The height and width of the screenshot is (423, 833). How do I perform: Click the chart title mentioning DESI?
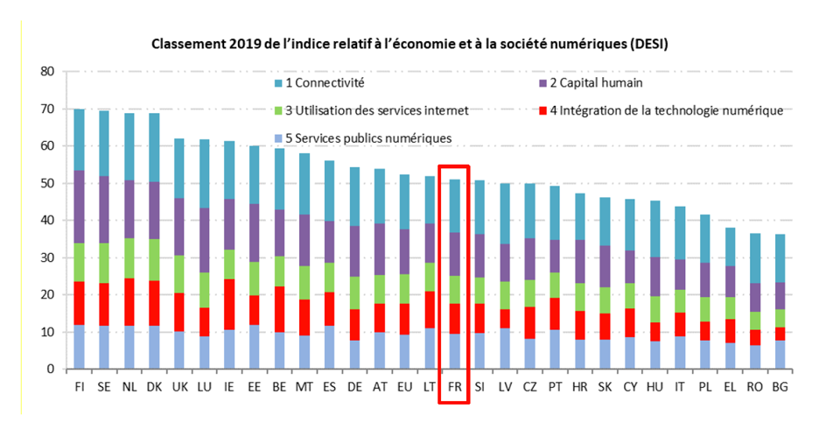[x=416, y=43]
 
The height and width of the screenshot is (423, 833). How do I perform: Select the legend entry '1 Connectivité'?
[x=318, y=83]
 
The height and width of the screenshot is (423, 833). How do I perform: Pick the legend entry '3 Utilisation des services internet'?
[x=368, y=110]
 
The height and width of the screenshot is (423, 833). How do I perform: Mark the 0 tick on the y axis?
[x=50, y=370]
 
